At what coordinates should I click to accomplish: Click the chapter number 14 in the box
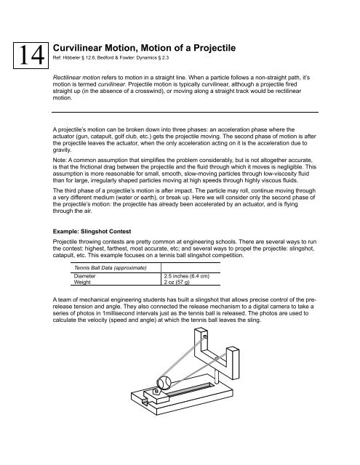23,54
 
